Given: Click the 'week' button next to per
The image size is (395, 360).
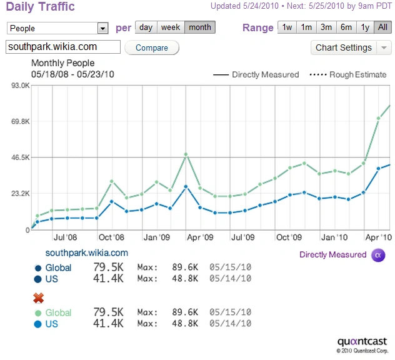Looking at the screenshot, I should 171,27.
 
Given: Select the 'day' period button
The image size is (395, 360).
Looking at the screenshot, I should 146,27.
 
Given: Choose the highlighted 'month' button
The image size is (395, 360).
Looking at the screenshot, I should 200,27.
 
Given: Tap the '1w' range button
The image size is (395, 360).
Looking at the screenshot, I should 287,27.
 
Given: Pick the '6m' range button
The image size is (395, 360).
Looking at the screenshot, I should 346,27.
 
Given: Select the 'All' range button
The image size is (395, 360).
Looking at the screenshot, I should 383,27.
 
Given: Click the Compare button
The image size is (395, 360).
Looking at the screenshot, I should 152,47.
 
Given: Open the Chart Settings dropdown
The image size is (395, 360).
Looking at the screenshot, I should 351,47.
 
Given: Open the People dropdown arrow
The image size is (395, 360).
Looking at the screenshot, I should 102,28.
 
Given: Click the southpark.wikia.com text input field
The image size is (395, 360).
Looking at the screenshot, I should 63,47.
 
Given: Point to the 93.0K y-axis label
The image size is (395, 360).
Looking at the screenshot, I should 21,86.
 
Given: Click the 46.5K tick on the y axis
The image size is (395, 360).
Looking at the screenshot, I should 21,157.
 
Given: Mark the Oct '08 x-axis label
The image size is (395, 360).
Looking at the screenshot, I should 111,237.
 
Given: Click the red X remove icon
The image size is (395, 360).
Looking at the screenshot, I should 39,297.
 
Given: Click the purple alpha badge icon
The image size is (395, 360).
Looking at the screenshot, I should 377,254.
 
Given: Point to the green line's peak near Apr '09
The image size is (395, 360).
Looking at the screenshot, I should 186,154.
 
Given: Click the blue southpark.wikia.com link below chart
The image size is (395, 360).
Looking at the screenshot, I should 86,253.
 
